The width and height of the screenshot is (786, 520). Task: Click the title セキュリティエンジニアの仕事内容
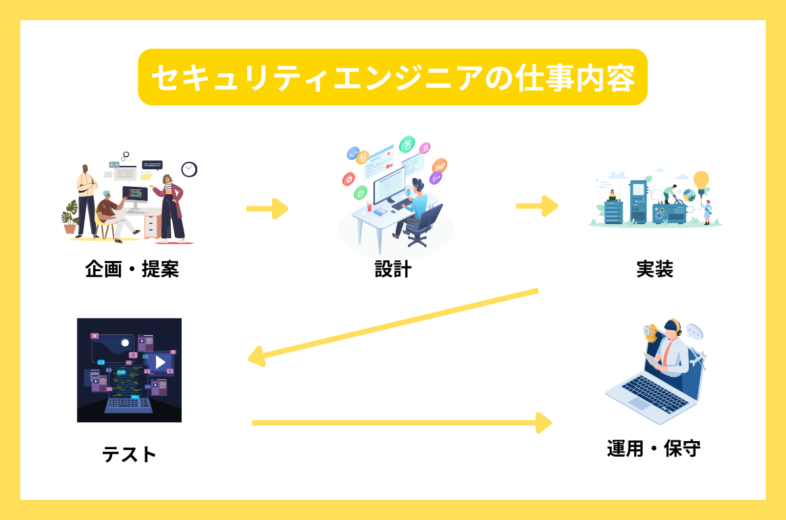point(393,78)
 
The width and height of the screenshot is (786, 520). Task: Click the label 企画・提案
point(132,269)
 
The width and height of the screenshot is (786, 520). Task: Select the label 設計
point(393,269)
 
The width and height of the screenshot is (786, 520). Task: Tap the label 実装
point(655,269)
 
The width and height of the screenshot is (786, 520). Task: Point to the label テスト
point(130,455)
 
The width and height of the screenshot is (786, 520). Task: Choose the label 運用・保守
point(654,449)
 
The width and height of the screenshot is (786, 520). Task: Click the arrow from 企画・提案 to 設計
point(267,208)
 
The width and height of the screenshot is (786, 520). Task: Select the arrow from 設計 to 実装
point(537,206)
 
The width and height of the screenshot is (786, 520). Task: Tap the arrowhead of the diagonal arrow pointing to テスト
point(257,356)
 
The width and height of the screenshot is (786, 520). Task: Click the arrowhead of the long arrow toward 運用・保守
point(544,423)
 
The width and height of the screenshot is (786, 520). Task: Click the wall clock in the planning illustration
point(189,169)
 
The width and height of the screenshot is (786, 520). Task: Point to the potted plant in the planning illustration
point(70,217)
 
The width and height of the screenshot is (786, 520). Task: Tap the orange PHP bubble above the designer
point(440,166)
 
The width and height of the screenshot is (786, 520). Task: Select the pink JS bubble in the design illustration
point(425,148)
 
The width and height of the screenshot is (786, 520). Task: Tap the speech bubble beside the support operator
point(694,332)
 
